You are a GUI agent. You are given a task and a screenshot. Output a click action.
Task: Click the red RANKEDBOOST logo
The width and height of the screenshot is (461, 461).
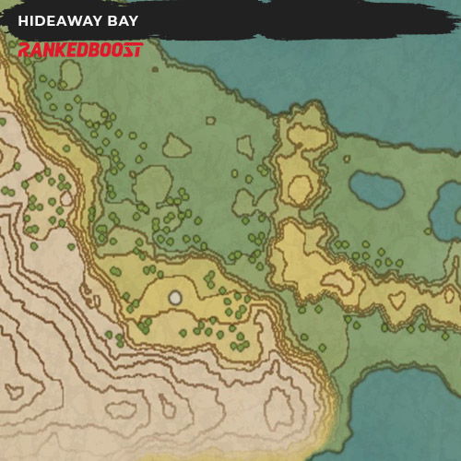[80, 49]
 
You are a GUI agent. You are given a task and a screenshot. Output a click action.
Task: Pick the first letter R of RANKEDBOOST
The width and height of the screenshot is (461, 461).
[24, 49]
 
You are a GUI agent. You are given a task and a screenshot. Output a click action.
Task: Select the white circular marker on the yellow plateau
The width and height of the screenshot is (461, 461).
[175, 297]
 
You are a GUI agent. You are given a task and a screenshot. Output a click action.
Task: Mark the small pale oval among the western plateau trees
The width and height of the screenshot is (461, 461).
[65, 197]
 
